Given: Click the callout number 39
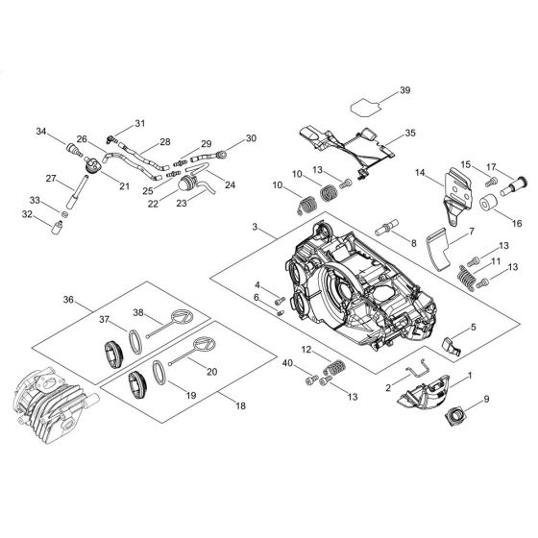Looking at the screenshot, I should [x=404, y=90].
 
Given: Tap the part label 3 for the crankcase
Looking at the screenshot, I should [x=254, y=227].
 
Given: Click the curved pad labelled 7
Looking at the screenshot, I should [x=437, y=249].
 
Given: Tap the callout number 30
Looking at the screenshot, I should [x=252, y=138].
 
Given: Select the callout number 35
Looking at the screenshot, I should [x=410, y=134].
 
